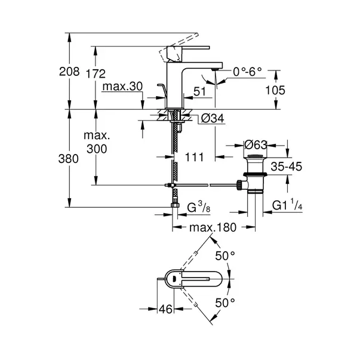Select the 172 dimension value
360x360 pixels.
tap(96, 74)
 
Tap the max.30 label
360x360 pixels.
tap(122, 87)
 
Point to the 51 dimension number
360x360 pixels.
tap(201, 92)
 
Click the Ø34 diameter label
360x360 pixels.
tap(209, 118)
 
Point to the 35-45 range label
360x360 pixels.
tap(287, 167)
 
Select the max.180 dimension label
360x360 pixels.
tap(213, 227)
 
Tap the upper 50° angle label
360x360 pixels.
tap(225, 256)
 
